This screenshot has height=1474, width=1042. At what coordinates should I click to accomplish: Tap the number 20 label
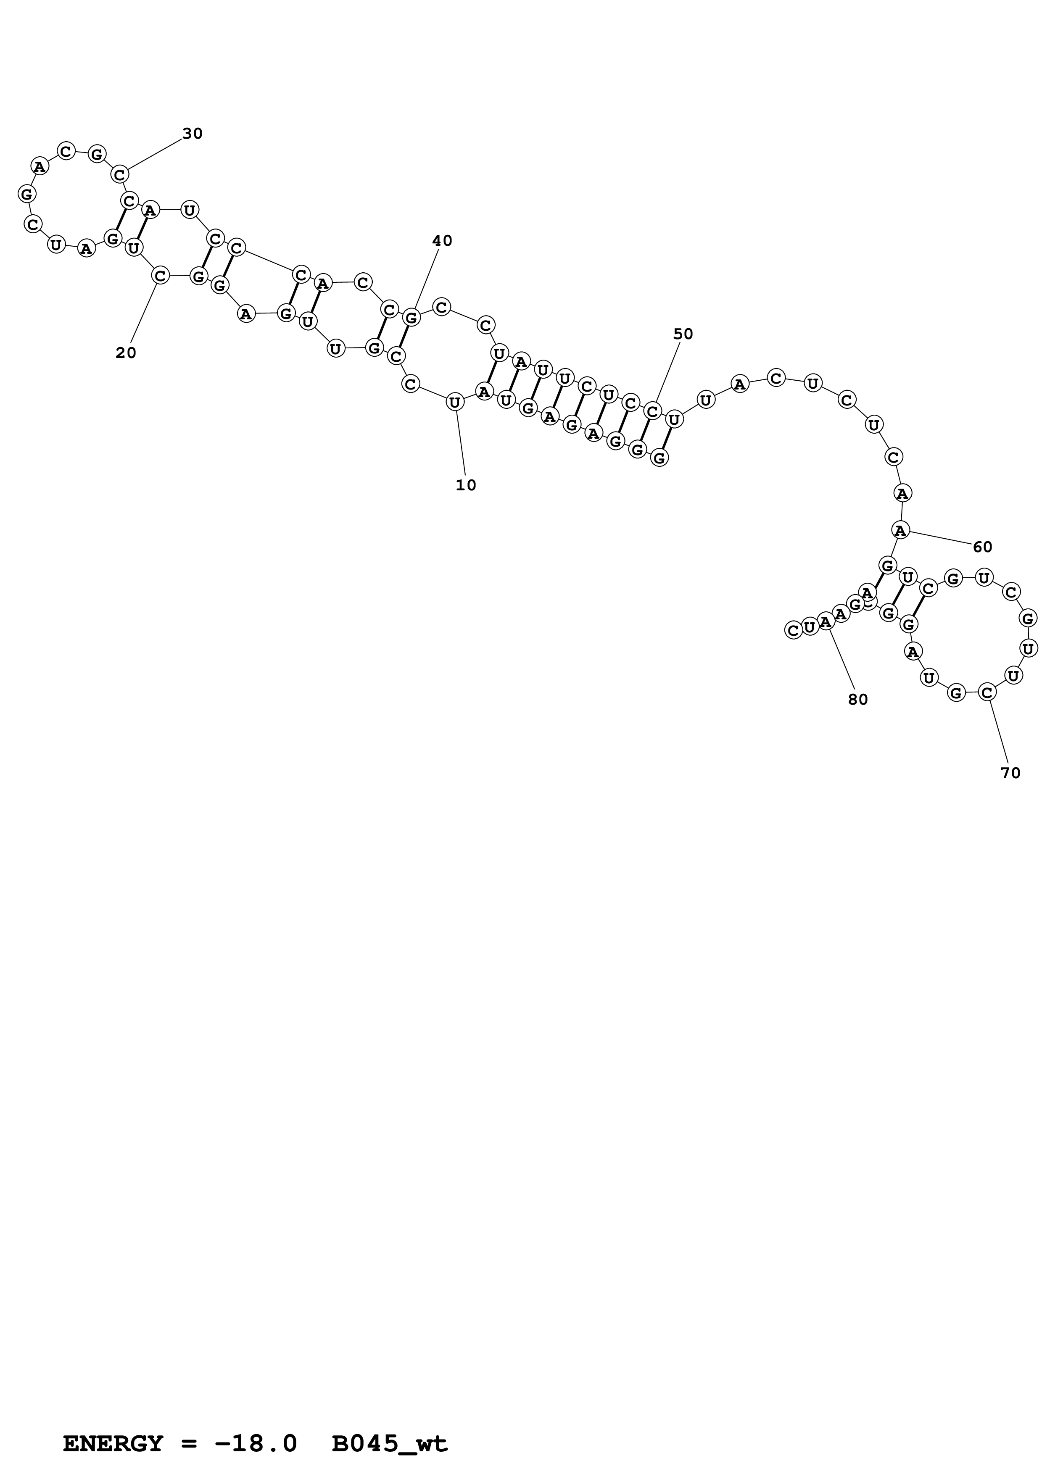126,353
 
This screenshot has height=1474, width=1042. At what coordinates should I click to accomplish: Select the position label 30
193,134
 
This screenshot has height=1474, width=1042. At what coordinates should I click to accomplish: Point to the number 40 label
442,241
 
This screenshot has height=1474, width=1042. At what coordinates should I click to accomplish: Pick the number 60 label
982,547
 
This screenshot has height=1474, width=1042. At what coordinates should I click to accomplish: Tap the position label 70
1010,774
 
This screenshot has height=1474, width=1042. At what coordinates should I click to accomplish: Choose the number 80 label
858,700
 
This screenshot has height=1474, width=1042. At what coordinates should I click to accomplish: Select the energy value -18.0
256,1426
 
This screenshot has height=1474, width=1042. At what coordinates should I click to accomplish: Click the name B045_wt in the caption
390,1426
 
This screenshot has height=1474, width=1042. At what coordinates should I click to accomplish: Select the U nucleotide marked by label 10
455,403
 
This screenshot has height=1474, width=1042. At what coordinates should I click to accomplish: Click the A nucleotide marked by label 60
901,530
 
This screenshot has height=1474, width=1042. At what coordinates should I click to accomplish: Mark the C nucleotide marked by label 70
987,692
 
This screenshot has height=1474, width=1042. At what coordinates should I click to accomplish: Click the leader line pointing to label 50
668,372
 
